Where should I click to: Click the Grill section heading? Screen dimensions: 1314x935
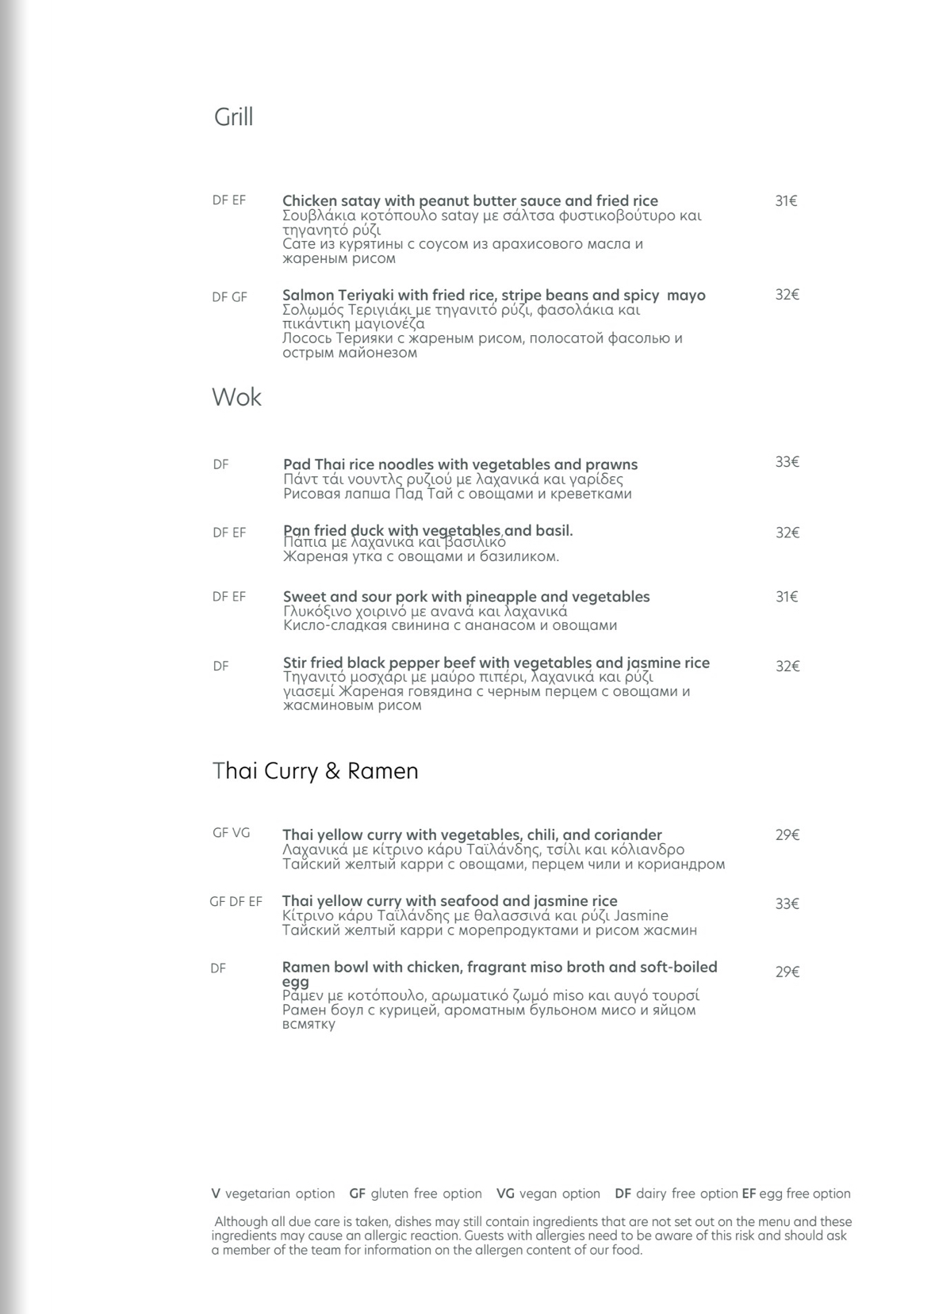233,117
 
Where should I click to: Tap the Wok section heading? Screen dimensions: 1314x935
236,397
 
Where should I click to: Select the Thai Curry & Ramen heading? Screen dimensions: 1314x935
315,771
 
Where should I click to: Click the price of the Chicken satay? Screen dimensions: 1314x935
786,201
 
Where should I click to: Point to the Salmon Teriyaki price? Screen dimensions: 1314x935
787,295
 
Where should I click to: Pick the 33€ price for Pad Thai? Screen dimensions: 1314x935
787,462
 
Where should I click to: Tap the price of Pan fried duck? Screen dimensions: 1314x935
787,533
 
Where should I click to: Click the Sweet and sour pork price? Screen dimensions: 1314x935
787,597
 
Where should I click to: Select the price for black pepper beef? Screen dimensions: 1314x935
787,667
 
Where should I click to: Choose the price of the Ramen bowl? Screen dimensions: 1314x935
787,972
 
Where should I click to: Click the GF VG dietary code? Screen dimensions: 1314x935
231,833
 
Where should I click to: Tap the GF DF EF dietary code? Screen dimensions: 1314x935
236,902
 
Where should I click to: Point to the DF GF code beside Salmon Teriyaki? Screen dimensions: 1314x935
229,297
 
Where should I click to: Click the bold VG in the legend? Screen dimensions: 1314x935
505,1194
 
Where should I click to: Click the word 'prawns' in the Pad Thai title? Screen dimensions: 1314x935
611,464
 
